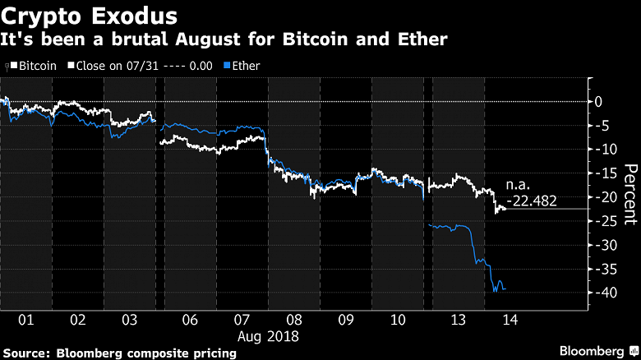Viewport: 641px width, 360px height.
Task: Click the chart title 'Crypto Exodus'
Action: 87,15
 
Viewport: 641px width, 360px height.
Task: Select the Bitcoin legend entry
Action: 35,65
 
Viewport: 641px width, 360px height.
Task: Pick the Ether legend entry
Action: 244,65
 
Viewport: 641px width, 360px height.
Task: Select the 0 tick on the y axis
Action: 599,101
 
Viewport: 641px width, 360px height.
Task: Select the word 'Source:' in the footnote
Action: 30,353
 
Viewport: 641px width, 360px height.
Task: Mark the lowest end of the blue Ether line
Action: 495,291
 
